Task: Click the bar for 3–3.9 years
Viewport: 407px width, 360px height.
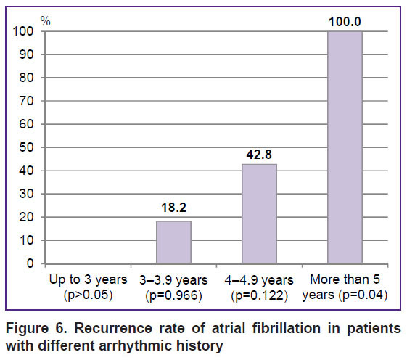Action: (x=173, y=242)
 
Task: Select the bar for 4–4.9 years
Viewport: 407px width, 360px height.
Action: (x=259, y=214)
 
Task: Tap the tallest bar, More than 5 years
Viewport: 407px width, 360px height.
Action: (x=345, y=147)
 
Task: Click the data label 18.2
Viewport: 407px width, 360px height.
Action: (x=173, y=208)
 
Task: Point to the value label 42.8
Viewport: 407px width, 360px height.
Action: (x=259, y=155)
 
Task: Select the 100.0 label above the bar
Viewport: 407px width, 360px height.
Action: (x=345, y=22)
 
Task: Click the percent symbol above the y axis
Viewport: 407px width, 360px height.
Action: (x=46, y=21)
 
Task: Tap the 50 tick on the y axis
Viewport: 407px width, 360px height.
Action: (x=26, y=147)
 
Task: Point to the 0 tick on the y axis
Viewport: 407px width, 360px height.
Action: (x=30, y=263)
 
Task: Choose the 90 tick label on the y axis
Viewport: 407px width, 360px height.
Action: (x=26, y=54)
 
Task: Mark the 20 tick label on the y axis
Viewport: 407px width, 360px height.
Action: (x=26, y=217)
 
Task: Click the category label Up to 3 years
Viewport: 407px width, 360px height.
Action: (x=89, y=280)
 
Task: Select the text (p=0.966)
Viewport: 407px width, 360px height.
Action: (x=173, y=295)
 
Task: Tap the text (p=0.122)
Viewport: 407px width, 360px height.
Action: (x=259, y=295)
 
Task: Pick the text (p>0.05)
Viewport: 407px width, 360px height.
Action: (x=89, y=295)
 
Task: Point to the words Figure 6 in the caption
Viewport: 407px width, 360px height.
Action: (x=36, y=328)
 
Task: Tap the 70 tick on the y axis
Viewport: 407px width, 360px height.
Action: (x=26, y=101)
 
